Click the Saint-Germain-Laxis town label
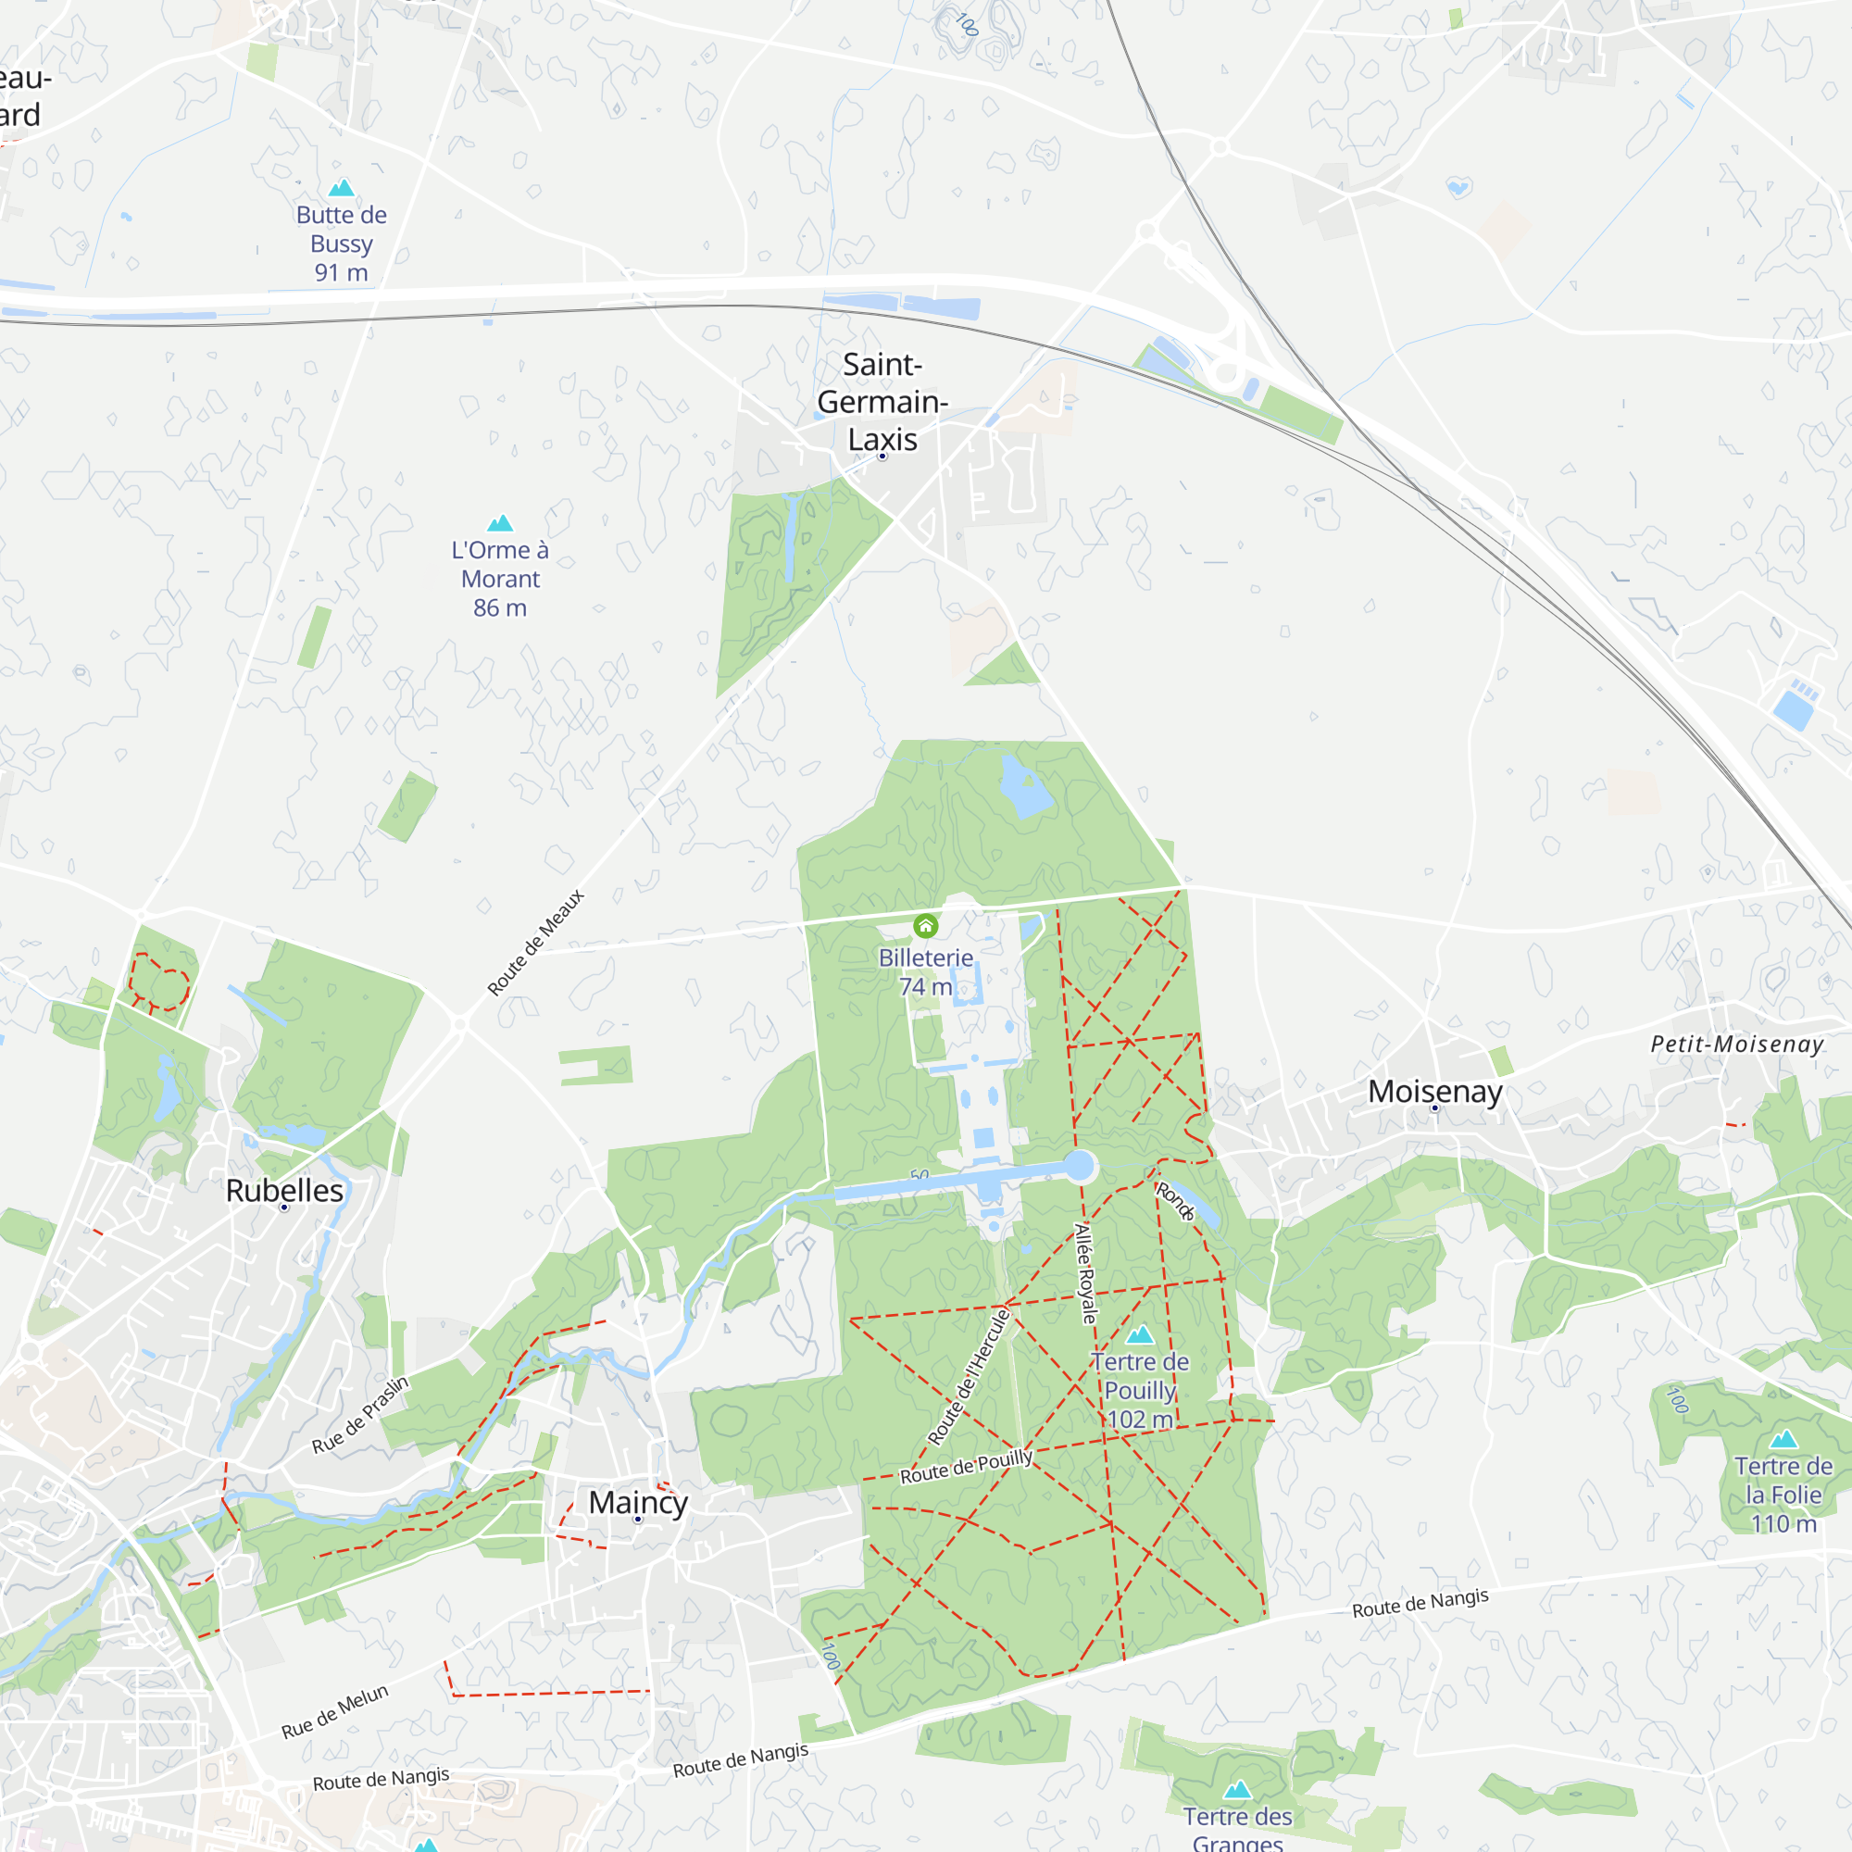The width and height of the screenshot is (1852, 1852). click(x=882, y=402)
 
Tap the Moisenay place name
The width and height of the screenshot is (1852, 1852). click(x=1434, y=1091)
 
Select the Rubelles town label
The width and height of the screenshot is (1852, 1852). click(x=283, y=1191)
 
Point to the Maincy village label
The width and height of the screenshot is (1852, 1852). click(x=637, y=1502)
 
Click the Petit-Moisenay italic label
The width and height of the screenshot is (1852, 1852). click(x=1737, y=1045)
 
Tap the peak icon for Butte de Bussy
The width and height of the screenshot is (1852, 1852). click(x=342, y=188)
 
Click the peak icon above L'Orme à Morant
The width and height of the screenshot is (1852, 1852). click(x=500, y=523)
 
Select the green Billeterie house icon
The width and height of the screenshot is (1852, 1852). click(x=925, y=926)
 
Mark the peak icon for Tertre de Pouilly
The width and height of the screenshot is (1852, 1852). click(x=1140, y=1334)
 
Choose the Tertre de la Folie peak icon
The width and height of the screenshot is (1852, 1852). click(x=1783, y=1439)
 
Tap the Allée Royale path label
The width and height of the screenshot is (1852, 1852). click(x=1085, y=1274)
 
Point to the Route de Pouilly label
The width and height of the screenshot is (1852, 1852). click(x=965, y=1467)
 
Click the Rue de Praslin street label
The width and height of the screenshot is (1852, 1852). click(x=360, y=1415)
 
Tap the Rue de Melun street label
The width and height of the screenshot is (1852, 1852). click(x=334, y=1711)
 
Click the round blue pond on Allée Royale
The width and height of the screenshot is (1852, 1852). click(x=1080, y=1166)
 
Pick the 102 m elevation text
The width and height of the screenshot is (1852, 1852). click(x=1139, y=1420)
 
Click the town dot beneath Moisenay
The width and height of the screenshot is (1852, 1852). click(x=1434, y=1108)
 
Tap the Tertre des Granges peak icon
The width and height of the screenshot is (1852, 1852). click(x=1237, y=1790)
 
